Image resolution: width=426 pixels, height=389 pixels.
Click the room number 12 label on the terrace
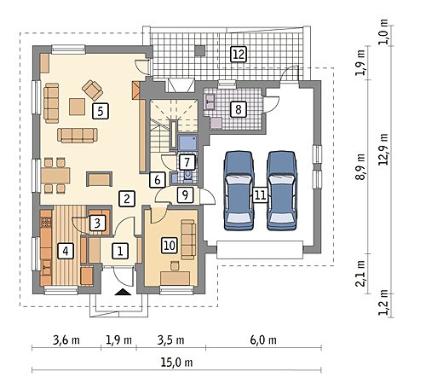click(x=238, y=54)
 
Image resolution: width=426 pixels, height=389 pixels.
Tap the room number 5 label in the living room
click(x=101, y=111)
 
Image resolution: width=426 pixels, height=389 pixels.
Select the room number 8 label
click(x=239, y=109)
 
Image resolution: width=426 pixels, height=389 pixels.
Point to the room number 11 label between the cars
click(x=260, y=195)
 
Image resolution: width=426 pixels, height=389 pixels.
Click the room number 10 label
click(x=170, y=245)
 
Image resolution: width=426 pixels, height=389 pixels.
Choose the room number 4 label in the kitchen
click(x=66, y=251)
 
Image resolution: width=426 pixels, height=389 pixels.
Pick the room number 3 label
click(x=97, y=223)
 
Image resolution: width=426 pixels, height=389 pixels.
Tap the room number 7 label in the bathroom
click(x=187, y=162)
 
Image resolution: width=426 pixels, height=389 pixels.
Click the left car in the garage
click(x=239, y=190)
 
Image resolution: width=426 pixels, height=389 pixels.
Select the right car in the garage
click(x=282, y=190)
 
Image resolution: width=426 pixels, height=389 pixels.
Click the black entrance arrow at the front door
click(x=123, y=292)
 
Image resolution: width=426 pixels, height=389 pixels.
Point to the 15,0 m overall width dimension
click(x=176, y=363)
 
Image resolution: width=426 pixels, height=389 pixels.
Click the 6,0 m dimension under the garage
click(x=263, y=340)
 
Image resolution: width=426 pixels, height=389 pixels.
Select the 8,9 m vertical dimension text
click(x=360, y=167)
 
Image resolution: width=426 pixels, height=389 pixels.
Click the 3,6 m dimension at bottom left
click(x=66, y=340)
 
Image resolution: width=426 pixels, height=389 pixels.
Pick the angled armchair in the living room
click(x=92, y=90)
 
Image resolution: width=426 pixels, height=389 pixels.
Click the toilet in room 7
click(x=187, y=176)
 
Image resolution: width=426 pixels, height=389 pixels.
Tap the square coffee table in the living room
click(x=77, y=107)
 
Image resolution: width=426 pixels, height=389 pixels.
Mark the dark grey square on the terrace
click(x=200, y=50)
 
